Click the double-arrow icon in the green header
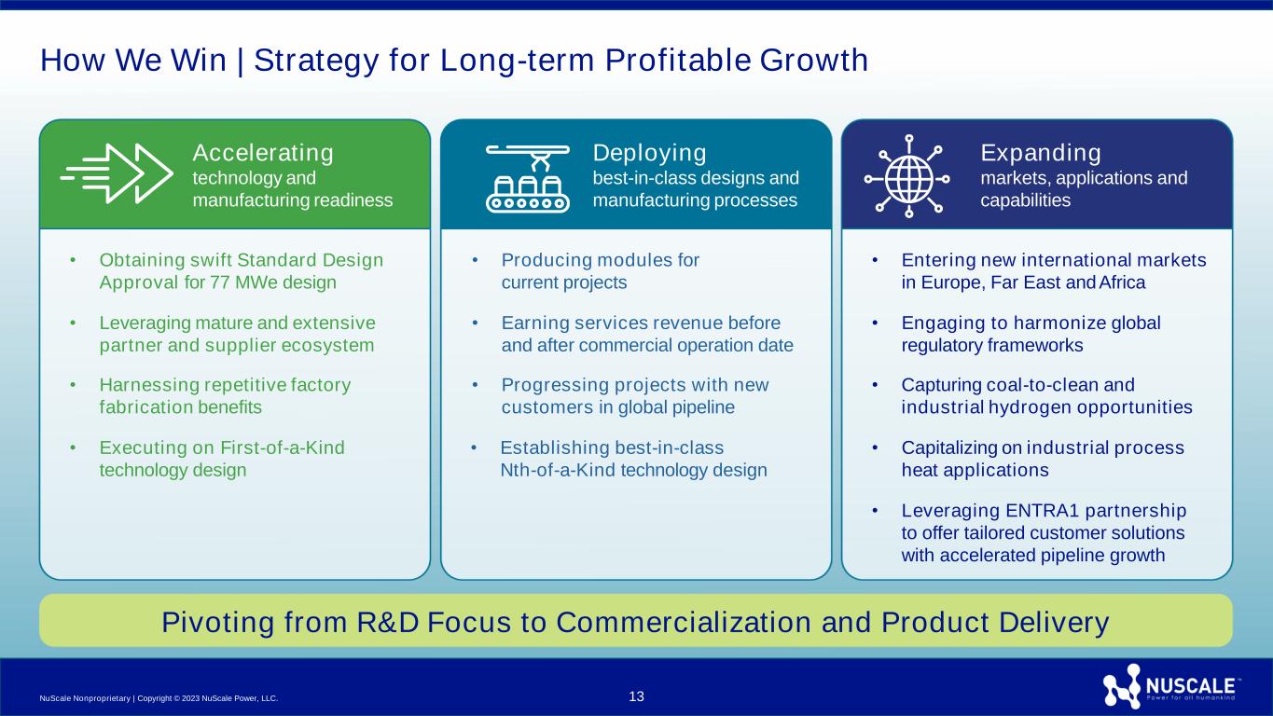tap(117, 173)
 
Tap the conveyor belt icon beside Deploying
tap(528, 178)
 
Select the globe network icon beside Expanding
tap(907, 176)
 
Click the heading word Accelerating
tap(263, 153)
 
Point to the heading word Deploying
tap(650, 153)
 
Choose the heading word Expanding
tap(1041, 153)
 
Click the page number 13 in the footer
tap(636, 696)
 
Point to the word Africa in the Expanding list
tap(1122, 282)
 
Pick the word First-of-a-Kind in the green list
tap(283, 447)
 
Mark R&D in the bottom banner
tap(388, 622)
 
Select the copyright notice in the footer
tap(159, 698)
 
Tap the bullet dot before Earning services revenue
tap(475, 324)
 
